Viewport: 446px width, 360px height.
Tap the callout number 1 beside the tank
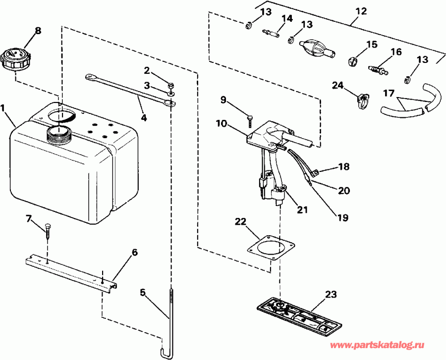pyautogui.click(x=4, y=107)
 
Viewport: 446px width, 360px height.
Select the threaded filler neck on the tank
pyautogui.click(x=58, y=132)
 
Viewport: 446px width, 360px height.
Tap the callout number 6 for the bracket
pyautogui.click(x=134, y=253)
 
